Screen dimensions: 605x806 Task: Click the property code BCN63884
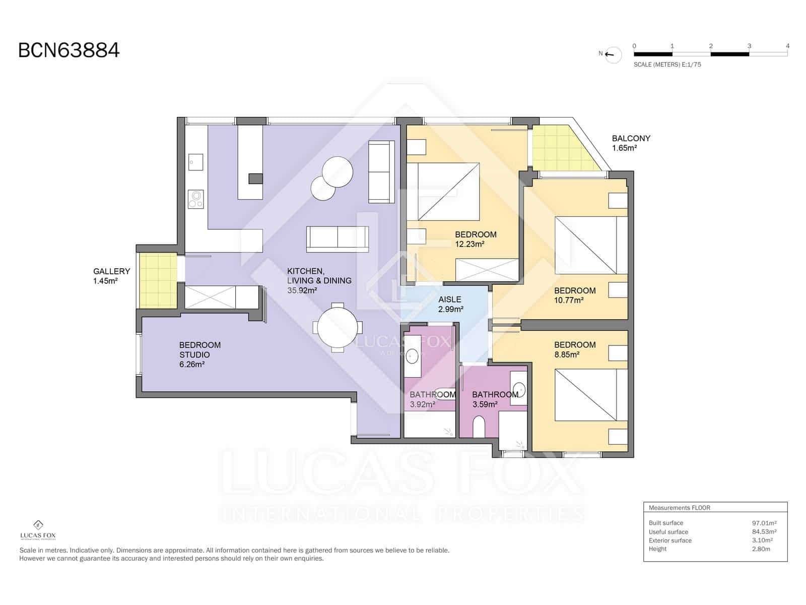(x=69, y=50)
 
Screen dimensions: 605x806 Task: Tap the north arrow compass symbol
(x=613, y=54)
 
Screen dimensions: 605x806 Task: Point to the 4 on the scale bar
(x=787, y=46)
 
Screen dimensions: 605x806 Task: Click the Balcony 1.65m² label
(x=631, y=143)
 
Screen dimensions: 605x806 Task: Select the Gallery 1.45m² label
(x=111, y=276)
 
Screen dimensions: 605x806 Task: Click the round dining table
(x=338, y=327)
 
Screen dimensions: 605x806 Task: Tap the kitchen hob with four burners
(x=195, y=199)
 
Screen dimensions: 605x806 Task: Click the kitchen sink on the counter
(x=195, y=162)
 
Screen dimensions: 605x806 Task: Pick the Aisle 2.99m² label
(x=450, y=304)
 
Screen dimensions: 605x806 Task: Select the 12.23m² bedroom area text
(x=469, y=245)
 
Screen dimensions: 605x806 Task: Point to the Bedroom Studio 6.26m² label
(x=200, y=354)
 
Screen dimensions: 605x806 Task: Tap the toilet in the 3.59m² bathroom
(x=479, y=427)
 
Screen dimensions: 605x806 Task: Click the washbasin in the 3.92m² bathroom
(x=413, y=356)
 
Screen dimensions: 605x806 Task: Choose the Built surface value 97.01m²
(x=764, y=523)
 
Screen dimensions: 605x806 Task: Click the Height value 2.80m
(x=761, y=549)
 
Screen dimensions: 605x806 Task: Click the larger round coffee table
(x=338, y=172)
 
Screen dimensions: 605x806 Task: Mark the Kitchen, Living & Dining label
(x=319, y=280)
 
